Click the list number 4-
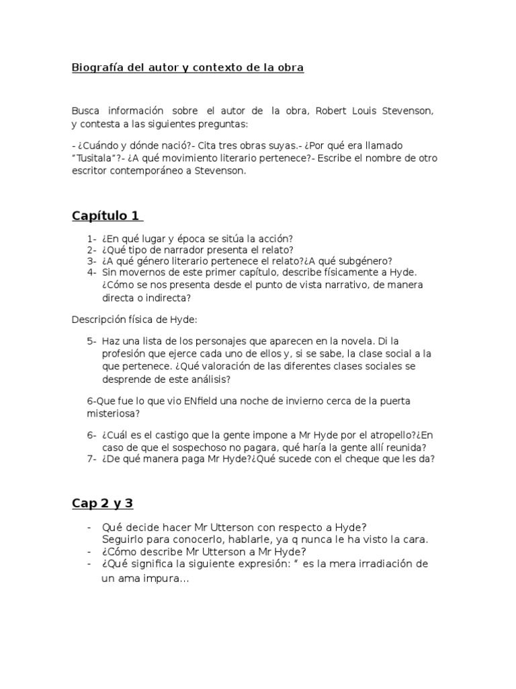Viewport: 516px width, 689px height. pos(91,273)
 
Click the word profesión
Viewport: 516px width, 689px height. pos(127,354)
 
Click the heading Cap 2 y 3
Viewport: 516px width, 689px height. pos(106,504)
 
